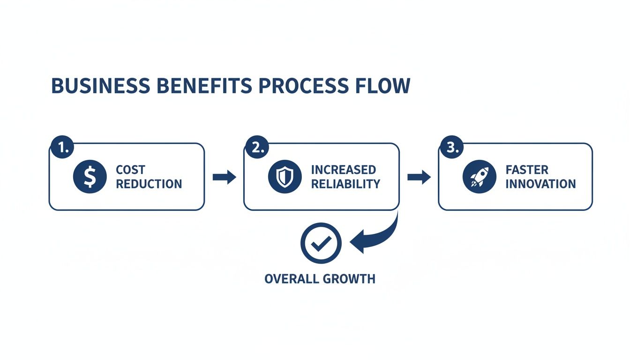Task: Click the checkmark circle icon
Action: [x=321, y=243]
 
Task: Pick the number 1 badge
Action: [x=61, y=148]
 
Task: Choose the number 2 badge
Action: [x=256, y=148]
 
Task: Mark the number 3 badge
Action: [x=450, y=148]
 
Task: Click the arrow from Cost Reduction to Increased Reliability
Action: [x=225, y=177]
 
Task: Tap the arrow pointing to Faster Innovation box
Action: [x=419, y=177]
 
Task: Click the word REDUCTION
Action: [x=149, y=184]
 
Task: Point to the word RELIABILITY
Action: [x=345, y=184]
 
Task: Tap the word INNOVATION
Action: [x=540, y=184]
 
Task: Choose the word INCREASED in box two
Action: [x=343, y=170]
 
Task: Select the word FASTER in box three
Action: [x=527, y=170]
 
